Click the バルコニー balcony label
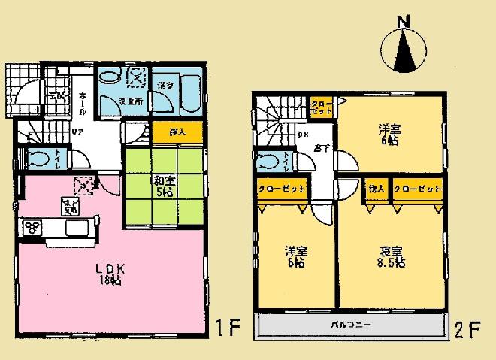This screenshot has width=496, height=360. point(351,325)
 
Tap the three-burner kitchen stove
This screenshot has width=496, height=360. point(34,227)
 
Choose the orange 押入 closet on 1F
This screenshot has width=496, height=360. point(177,132)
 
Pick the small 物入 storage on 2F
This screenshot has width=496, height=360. point(376,188)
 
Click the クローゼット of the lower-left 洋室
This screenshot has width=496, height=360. point(280,189)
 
